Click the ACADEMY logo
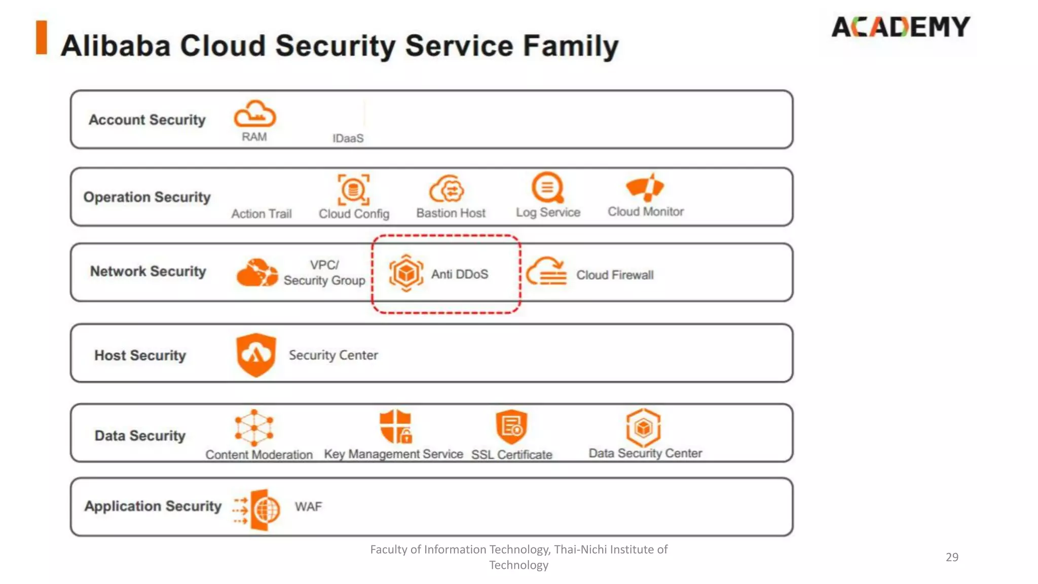pyautogui.click(x=900, y=27)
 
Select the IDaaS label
pyautogui.click(x=348, y=138)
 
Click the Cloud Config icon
pyautogui.click(x=353, y=190)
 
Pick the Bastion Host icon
pyautogui.click(x=447, y=190)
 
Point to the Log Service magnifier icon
pyautogui.click(x=547, y=188)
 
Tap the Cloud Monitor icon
pyautogui.click(x=645, y=187)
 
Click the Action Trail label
pyautogui.click(x=262, y=214)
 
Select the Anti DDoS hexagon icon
pyautogui.click(x=406, y=273)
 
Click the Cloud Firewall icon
pyautogui.click(x=546, y=272)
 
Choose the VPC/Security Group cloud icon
pyautogui.click(x=257, y=273)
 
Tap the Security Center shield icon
pyautogui.click(x=256, y=355)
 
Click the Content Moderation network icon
pyautogui.click(x=254, y=427)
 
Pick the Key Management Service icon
pyautogui.click(x=396, y=427)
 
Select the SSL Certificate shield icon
pyautogui.click(x=511, y=426)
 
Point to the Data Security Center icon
pyautogui.click(x=644, y=427)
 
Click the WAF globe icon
pyautogui.click(x=265, y=509)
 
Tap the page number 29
pyautogui.click(x=952, y=557)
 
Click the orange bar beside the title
pyautogui.click(x=42, y=37)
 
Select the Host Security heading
pyautogui.click(x=140, y=355)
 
